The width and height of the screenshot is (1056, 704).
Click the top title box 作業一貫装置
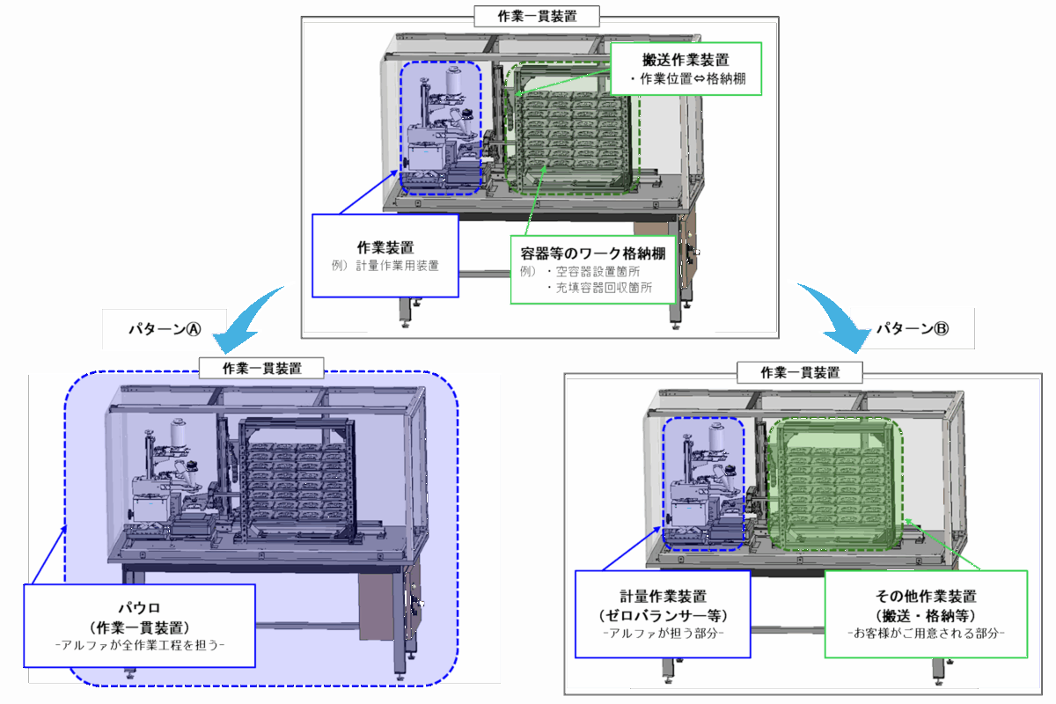[x=538, y=15]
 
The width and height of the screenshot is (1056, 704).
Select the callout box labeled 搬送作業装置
[x=686, y=70]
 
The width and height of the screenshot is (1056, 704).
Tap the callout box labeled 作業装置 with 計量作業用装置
[x=385, y=255]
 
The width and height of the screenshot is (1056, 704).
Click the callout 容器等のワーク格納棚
[x=593, y=269]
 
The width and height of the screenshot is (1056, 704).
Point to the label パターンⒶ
[x=165, y=328]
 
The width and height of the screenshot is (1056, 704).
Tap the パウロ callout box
[x=140, y=626]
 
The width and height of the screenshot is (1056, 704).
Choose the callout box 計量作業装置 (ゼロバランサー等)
[x=662, y=613]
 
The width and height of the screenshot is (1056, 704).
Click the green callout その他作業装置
[x=926, y=613]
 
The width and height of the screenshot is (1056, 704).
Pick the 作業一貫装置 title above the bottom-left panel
[x=261, y=367]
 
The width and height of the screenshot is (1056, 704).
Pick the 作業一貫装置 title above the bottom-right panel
[x=800, y=372]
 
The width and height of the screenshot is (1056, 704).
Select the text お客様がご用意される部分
[x=926, y=633]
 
